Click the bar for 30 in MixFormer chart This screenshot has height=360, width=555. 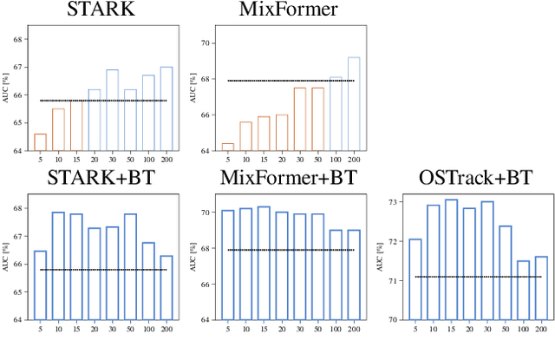298,119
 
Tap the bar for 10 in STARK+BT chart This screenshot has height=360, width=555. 58,265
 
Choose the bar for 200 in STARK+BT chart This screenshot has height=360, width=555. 166,287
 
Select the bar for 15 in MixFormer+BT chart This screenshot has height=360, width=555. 263,263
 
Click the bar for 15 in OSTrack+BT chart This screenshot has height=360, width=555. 451,259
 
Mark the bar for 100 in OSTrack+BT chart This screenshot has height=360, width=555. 523,290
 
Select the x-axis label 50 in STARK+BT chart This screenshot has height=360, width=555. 130,329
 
